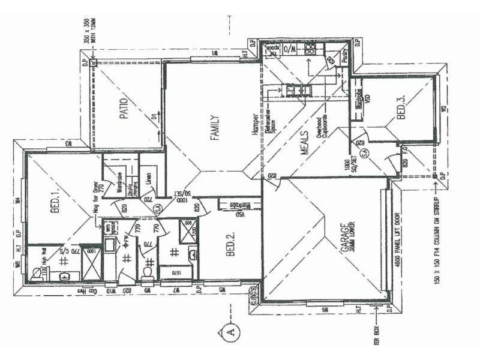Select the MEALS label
click(304, 143)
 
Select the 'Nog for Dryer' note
click(95, 195)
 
